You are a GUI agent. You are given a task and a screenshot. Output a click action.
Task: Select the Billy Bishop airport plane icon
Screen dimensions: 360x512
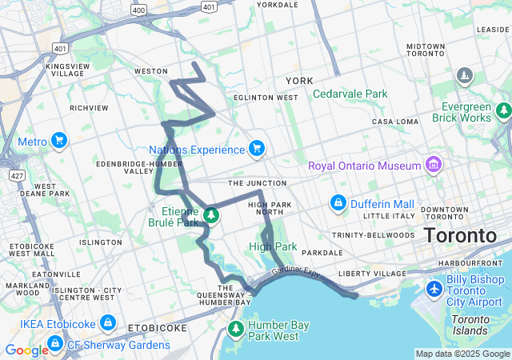[x=435, y=288]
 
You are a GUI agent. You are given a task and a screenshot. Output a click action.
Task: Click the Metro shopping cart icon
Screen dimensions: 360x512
[x=58, y=142]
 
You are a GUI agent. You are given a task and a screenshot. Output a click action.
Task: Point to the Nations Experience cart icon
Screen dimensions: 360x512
[x=256, y=149]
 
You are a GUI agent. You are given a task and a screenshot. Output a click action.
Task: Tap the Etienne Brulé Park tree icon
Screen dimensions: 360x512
[x=211, y=214]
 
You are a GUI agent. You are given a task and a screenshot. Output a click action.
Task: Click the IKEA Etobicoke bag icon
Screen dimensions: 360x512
[x=108, y=324]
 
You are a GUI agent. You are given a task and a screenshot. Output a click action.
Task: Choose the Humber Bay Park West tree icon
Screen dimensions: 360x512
[x=236, y=329]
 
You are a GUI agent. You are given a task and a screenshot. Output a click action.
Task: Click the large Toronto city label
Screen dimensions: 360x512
[x=460, y=236]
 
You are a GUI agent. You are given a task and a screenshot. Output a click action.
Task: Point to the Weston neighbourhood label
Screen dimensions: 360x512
[x=150, y=71]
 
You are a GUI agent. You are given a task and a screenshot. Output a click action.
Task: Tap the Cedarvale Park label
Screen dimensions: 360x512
[x=350, y=94]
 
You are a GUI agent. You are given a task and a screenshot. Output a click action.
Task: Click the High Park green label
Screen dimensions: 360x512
[x=273, y=246]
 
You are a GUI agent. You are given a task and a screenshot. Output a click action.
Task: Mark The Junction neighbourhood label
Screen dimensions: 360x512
[x=257, y=183]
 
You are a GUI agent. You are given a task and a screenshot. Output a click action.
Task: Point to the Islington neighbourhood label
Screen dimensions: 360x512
[x=101, y=242]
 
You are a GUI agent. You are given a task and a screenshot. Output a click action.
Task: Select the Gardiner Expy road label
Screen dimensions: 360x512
[x=295, y=274]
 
